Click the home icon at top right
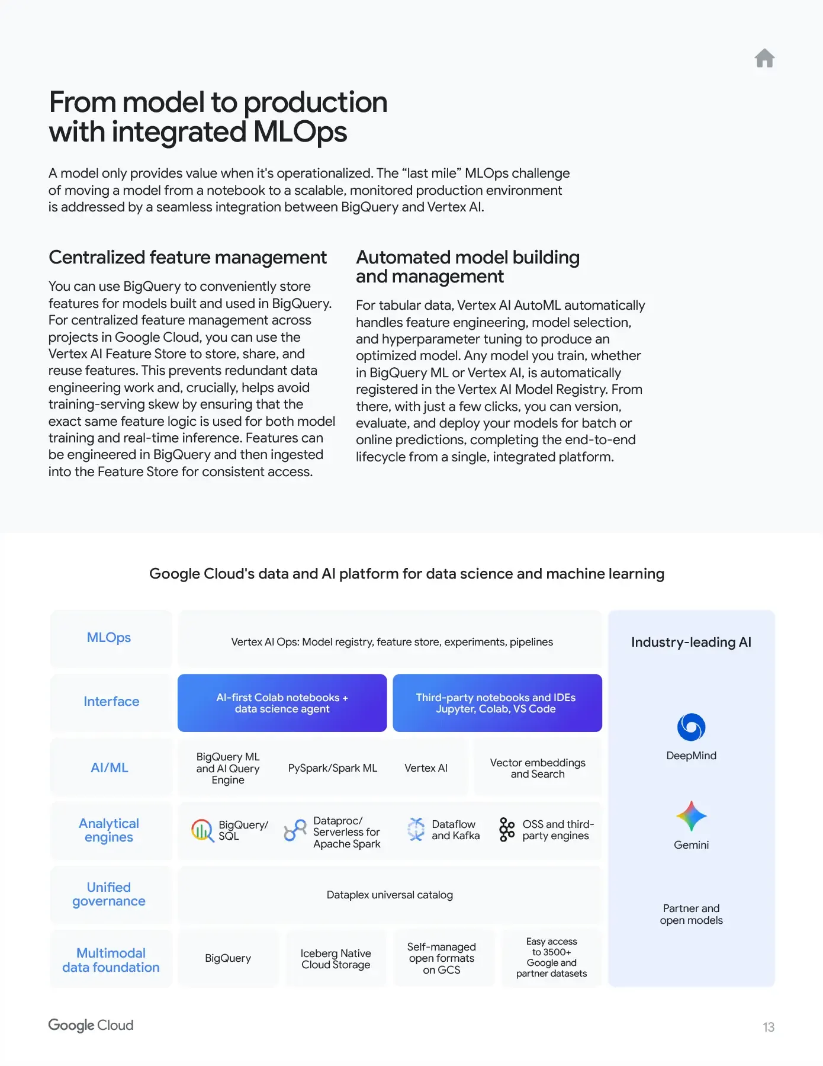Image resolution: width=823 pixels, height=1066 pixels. [x=764, y=58]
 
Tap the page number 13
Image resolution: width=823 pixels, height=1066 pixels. [x=768, y=1027]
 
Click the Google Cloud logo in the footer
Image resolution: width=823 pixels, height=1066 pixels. [x=91, y=1025]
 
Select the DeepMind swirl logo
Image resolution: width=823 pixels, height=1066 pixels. [x=691, y=727]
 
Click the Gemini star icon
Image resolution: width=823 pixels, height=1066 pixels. [x=691, y=816]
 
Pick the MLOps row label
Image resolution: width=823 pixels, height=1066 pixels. [x=109, y=638]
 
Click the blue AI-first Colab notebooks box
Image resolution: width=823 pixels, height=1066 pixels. [x=282, y=703]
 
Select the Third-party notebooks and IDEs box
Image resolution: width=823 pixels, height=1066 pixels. [x=497, y=703]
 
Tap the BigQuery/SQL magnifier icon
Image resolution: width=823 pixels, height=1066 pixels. [x=202, y=830]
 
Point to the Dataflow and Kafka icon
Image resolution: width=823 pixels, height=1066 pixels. [x=416, y=829]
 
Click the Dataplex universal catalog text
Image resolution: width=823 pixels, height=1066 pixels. [x=390, y=895]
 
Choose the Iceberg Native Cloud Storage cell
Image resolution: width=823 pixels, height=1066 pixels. [x=336, y=959]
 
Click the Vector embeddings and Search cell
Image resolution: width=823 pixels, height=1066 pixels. [x=538, y=768]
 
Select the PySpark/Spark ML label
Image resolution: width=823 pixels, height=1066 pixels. [x=332, y=768]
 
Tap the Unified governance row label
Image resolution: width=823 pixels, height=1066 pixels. [x=109, y=894]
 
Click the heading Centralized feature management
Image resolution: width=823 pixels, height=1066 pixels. [x=187, y=258]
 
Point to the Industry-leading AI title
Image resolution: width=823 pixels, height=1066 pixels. [x=691, y=643]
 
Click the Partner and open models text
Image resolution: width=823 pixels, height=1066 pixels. [x=691, y=914]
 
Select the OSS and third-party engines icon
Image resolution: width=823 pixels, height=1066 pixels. [x=507, y=830]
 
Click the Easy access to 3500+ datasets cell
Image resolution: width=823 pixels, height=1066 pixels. [x=551, y=958]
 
